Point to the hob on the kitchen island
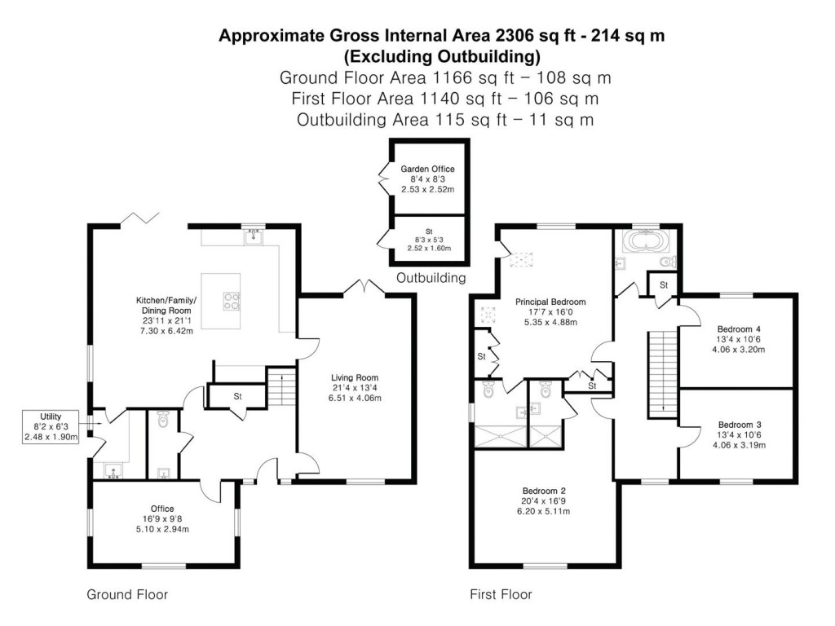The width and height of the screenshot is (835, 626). pos(229,301)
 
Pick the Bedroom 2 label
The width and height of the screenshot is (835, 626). pos(545,491)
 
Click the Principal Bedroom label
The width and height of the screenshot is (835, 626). pos(550,302)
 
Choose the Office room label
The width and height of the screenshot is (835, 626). pos(162,509)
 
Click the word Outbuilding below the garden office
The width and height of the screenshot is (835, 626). pos(431,278)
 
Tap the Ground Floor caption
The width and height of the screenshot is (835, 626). pos(127,594)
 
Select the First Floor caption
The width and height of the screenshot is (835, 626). pos(501,594)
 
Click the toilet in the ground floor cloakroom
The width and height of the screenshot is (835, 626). pos(161,421)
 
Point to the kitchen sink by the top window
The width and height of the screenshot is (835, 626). pos(252,237)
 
